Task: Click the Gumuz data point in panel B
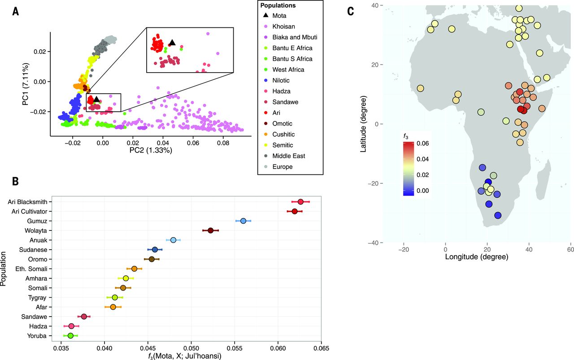(243, 221)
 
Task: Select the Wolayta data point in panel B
(211, 230)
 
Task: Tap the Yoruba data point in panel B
(70, 335)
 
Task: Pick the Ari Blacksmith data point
(300, 202)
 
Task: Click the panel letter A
(16, 12)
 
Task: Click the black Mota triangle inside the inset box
(172, 43)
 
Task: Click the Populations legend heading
(279, 6)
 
